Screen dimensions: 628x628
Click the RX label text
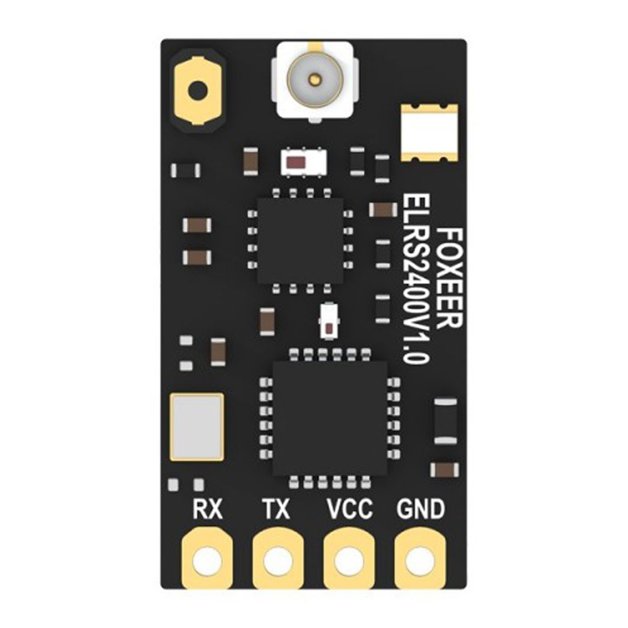pyautogui.click(x=207, y=509)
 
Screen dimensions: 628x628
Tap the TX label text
pyautogui.click(x=275, y=509)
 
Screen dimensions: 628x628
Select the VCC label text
pyautogui.click(x=350, y=509)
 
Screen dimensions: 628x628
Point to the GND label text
pyautogui.click(x=421, y=509)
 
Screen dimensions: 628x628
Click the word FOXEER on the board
pyautogui.click(x=448, y=277)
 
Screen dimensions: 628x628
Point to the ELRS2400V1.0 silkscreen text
pyautogui.click(x=416, y=278)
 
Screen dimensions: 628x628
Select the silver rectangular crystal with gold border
pyautogui.click(x=197, y=427)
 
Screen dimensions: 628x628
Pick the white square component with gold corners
pyautogui.click(x=430, y=133)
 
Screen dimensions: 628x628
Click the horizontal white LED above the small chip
pyautogui.click(x=303, y=162)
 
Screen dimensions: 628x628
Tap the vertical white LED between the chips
pyautogui.click(x=329, y=321)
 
